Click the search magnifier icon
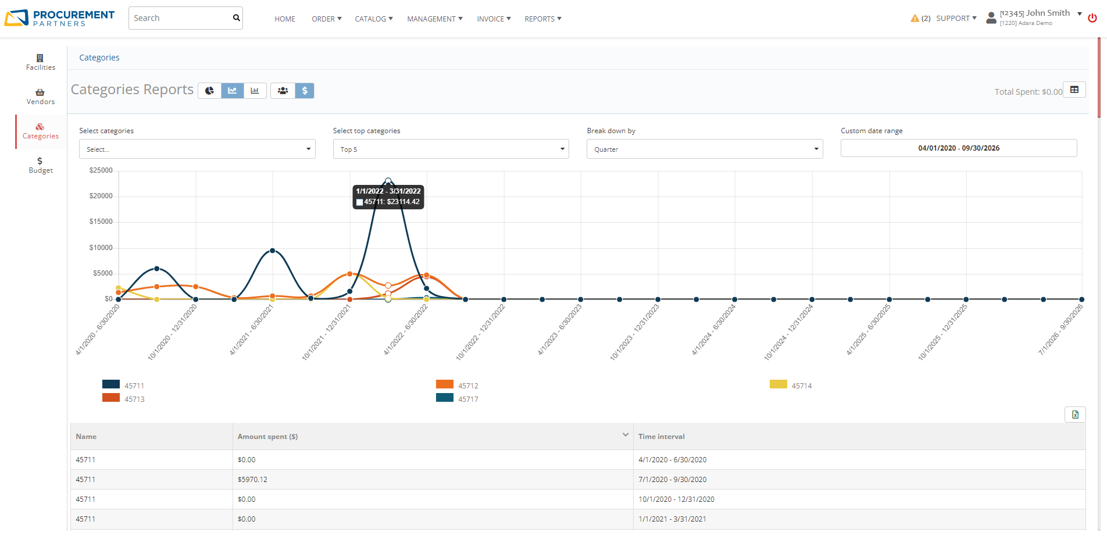(x=236, y=18)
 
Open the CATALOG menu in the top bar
(x=373, y=19)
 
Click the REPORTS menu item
(x=542, y=19)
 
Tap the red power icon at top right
(x=1092, y=18)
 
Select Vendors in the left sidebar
(x=40, y=97)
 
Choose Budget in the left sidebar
(x=40, y=165)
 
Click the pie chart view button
(x=209, y=91)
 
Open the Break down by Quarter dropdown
(x=704, y=149)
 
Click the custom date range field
(x=958, y=148)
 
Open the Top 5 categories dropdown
(x=451, y=149)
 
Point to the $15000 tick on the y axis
(x=101, y=222)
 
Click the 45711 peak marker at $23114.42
(x=388, y=181)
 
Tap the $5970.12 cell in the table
(x=252, y=480)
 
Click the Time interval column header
(x=661, y=437)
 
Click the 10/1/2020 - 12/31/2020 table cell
(x=676, y=499)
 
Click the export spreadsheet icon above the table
(x=1075, y=415)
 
